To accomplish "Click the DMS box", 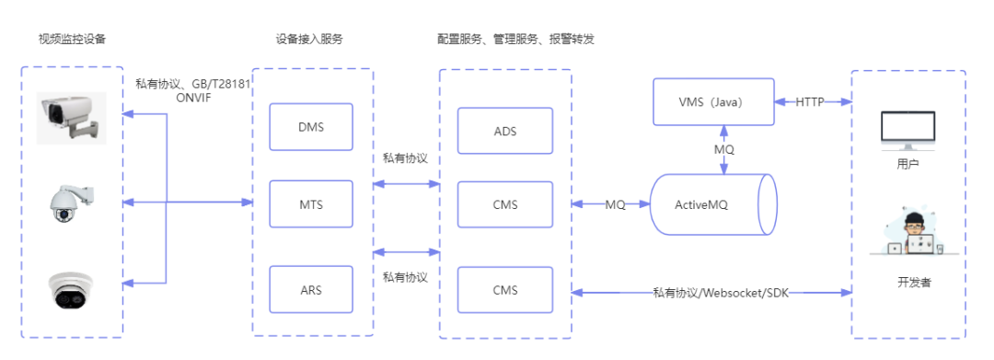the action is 311,127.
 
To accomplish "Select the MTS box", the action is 311,204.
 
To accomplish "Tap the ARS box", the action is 311,290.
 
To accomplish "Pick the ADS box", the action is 505,131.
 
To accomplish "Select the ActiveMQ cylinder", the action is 714,204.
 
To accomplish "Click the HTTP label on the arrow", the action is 809,101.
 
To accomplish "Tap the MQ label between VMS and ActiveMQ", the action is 724,149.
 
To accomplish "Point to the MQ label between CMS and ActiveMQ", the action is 615,204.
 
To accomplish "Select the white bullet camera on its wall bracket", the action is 71,118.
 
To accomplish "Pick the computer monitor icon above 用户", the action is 907,129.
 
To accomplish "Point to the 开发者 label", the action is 914,283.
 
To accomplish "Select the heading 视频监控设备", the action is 72,40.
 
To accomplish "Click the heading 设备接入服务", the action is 308,40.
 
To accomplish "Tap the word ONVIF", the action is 194,99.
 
